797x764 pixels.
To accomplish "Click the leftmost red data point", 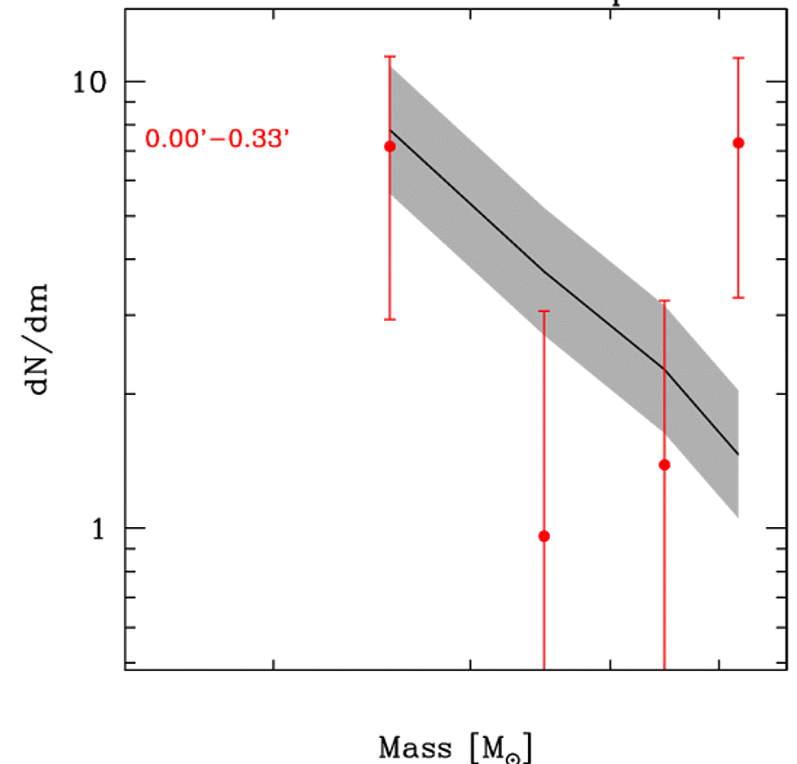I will pyautogui.click(x=390, y=146).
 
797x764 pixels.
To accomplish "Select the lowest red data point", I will pyautogui.click(x=544, y=536).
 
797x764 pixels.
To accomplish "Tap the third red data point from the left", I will pyautogui.click(x=664, y=465).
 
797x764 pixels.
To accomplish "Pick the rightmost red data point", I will pyautogui.click(x=738, y=143).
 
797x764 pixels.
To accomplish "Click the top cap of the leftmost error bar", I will pyautogui.click(x=390, y=56).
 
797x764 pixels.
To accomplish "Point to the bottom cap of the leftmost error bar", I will pyautogui.click(x=390, y=319).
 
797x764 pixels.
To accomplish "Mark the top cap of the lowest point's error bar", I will pyautogui.click(x=544, y=311).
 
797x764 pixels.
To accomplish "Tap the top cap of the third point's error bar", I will pyautogui.click(x=664, y=301).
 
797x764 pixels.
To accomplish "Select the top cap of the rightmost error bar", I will pyautogui.click(x=738, y=58).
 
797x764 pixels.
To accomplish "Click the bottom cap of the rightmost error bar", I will pyautogui.click(x=738, y=297).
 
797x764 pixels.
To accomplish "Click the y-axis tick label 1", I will pyautogui.click(x=98, y=528).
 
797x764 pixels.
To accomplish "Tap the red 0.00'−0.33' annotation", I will pyautogui.click(x=218, y=139).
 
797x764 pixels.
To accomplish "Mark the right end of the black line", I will pyautogui.click(x=738, y=454).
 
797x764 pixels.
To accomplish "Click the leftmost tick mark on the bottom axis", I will pyautogui.click(x=274, y=664).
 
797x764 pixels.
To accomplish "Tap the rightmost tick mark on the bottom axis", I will pyautogui.click(x=718, y=664).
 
